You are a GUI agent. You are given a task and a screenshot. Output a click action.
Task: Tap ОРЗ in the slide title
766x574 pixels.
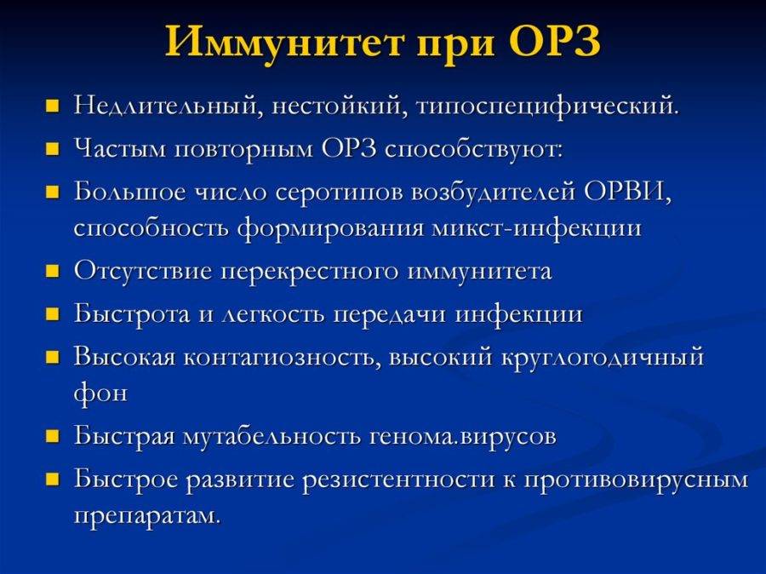click(x=554, y=41)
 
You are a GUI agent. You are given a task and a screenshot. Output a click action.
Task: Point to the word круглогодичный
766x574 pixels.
click(x=603, y=358)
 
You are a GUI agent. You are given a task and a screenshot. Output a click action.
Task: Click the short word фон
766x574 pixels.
click(x=100, y=393)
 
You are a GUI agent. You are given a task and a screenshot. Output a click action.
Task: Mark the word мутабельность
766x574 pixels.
click(x=272, y=436)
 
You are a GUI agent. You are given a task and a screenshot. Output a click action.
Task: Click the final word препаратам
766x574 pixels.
click(x=147, y=516)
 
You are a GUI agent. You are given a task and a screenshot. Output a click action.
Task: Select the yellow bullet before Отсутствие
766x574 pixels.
click(x=52, y=272)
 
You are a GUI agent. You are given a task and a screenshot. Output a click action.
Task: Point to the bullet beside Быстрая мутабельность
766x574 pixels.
click(x=52, y=436)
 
